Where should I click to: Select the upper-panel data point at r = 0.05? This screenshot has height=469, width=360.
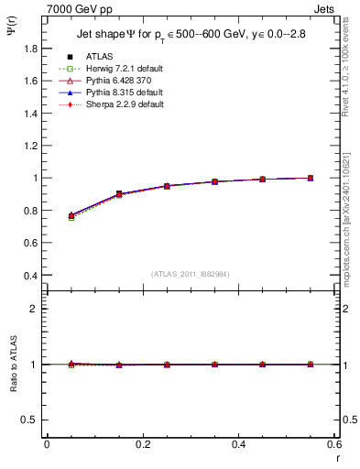point(71,216)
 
